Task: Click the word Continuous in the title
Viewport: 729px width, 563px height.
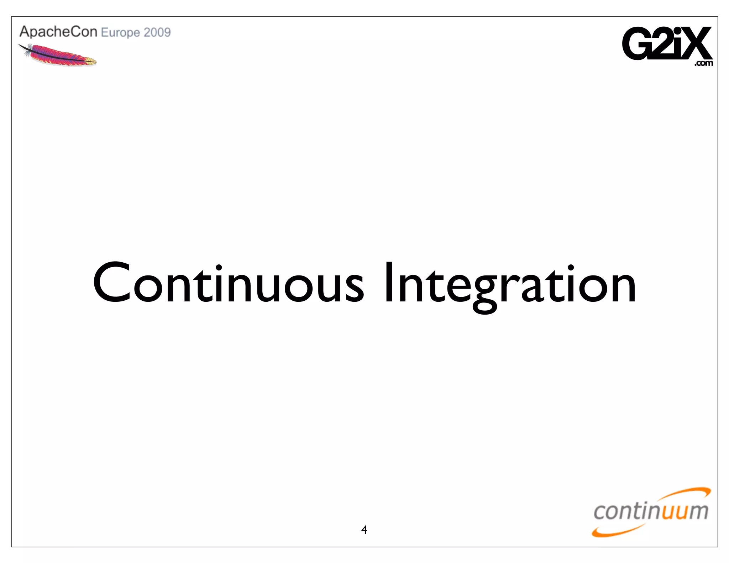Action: pyautogui.click(x=228, y=283)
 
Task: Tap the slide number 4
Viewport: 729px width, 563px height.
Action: pyautogui.click(x=364, y=530)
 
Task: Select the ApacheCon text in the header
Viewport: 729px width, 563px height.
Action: pyautogui.click(x=58, y=32)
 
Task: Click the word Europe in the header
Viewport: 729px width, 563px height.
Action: pyautogui.click(x=120, y=33)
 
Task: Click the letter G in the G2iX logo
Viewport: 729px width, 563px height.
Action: pyautogui.click(x=637, y=44)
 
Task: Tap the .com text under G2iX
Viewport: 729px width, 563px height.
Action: pyautogui.click(x=704, y=63)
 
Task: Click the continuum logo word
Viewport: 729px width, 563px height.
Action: pyautogui.click(x=651, y=511)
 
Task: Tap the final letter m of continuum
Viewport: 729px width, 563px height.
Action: pyautogui.click(x=697, y=511)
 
